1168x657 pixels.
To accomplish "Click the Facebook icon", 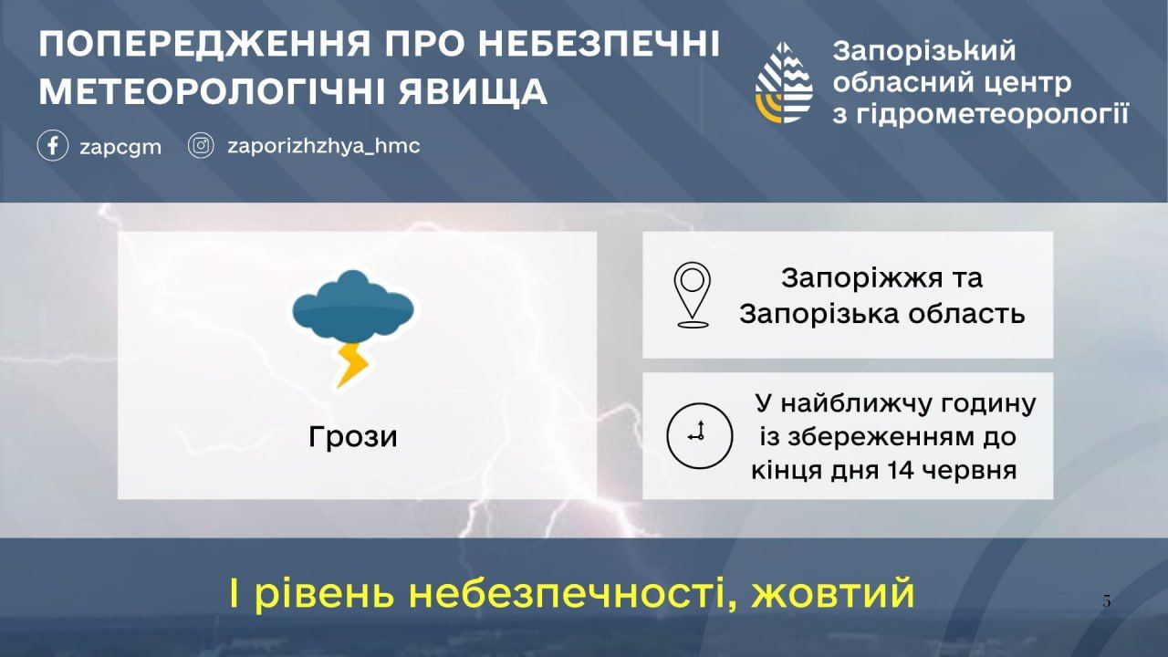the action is pyautogui.click(x=53, y=145).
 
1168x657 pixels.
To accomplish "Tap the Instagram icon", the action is pyautogui.click(x=201, y=145).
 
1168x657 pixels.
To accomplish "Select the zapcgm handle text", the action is pyautogui.click(x=120, y=148).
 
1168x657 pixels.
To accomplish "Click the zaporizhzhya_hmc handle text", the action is pyautogui.click(x=323, y=146).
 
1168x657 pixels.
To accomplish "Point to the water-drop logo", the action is pyautogui.click(x=784, y=83).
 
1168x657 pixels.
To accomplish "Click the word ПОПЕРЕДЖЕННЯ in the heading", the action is pyautogui.click(x=204, y=44).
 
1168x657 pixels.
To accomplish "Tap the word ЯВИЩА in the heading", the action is pyautogui.click(x=473, y=92).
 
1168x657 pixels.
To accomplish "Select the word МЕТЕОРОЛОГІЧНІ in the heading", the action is pyautogui.click(x=212, y=92).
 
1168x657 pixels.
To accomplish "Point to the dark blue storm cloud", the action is pyautogui.click(x=353, y=305).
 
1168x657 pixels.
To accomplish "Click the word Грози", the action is pyautogui.click(x=353, y=437).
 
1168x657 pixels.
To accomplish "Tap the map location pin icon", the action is pyautogui.click(x=692, y=295).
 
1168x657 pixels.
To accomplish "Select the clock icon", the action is pyautogui.click(x=699, y=435).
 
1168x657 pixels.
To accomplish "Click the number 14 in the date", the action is pyautogui.click(x=901, y=470).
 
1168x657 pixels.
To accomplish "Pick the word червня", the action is pyautogui.click(x=970, y=471).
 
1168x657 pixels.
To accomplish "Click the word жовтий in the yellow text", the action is pyautogui.click(x=833, y=593).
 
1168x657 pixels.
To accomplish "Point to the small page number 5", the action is pyautogui.click(x=1107, y=601).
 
